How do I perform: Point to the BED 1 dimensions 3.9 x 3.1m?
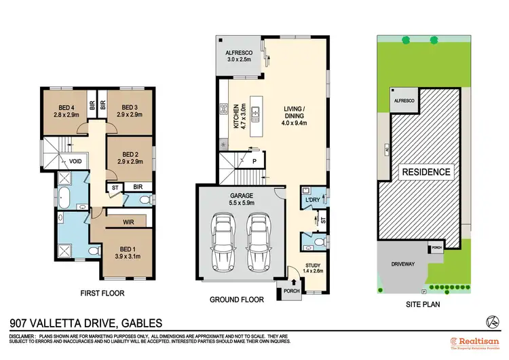[x=128, y=257]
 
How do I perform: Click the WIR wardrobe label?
[x=127, y=221]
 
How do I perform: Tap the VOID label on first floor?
[x=75, y=162]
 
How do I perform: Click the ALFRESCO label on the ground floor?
[x=238, y=52]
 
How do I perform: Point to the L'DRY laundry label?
[x=312, y=200]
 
